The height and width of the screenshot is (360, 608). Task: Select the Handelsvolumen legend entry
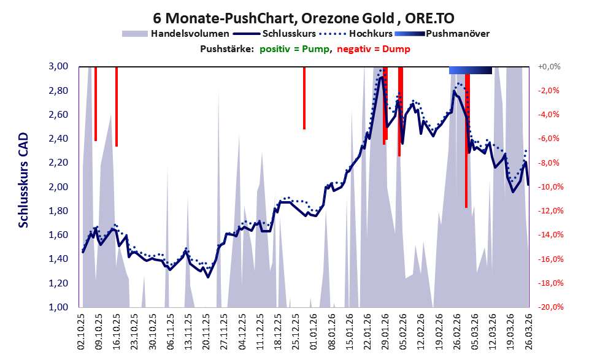pos(190,33)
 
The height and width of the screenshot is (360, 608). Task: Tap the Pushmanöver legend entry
pos(457,33)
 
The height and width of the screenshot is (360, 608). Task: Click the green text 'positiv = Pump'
pos(294,49)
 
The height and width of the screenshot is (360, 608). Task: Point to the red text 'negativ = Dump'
pos(374,49)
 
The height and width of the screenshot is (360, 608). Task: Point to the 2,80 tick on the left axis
pos(63,91)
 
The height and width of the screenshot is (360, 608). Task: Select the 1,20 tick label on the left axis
pos(63,283)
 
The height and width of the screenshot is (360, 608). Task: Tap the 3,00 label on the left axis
pos(63,66)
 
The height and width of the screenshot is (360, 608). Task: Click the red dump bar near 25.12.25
pos(304,98)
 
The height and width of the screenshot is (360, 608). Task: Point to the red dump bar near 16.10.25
pos(117,106)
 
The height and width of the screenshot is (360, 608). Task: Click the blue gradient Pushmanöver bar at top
pos(471,71)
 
